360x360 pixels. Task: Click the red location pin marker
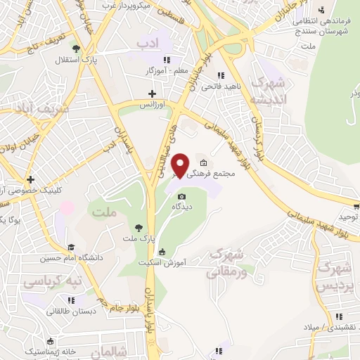pos(181,165)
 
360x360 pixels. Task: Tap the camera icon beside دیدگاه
pos(182,196)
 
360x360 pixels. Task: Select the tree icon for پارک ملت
pos(139,227)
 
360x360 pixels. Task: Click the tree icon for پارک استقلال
pos(76,49)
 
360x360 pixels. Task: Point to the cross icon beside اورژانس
pos(152,93)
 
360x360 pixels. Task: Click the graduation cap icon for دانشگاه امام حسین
pos(70,247)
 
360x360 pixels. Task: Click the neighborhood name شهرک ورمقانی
pos(226,262)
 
